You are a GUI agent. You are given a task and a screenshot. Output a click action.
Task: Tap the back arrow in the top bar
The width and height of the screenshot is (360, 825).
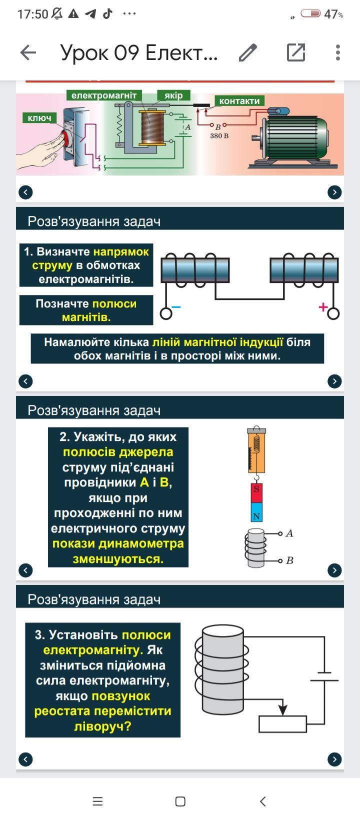28,52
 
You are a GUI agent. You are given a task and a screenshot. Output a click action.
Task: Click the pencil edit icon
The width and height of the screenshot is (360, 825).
247,52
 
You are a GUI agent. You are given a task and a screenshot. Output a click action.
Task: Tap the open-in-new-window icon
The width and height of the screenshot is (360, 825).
295,52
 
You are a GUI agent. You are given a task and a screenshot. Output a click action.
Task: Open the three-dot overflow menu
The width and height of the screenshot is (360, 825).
338,52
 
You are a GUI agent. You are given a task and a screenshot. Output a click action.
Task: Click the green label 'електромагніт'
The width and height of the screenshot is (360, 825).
104,95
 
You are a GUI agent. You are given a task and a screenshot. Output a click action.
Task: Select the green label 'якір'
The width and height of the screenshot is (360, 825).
173,95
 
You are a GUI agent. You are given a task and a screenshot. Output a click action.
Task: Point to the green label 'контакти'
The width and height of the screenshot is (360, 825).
239,101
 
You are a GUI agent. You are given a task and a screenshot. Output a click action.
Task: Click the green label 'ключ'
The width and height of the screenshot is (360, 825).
39,118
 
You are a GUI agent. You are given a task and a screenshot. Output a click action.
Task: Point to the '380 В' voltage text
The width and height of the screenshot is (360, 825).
219,135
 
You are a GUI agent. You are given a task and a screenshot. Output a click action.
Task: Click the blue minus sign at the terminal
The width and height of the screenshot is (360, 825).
176,306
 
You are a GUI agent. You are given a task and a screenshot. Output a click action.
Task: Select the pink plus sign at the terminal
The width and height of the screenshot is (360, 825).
323,307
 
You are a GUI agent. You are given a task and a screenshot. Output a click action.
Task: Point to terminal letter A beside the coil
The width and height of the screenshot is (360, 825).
289,533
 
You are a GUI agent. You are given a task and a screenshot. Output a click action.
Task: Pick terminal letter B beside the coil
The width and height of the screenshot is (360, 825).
289,560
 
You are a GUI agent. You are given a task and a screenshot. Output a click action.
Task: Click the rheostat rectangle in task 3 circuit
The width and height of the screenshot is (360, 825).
282,724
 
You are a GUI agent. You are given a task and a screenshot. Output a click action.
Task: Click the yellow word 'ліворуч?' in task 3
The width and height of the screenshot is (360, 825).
102,726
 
